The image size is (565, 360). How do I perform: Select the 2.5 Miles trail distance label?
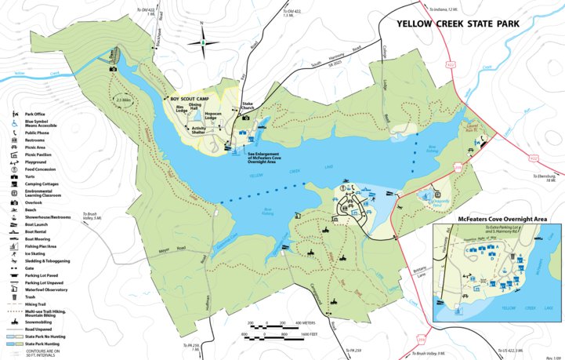click(x=123, y=100)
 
